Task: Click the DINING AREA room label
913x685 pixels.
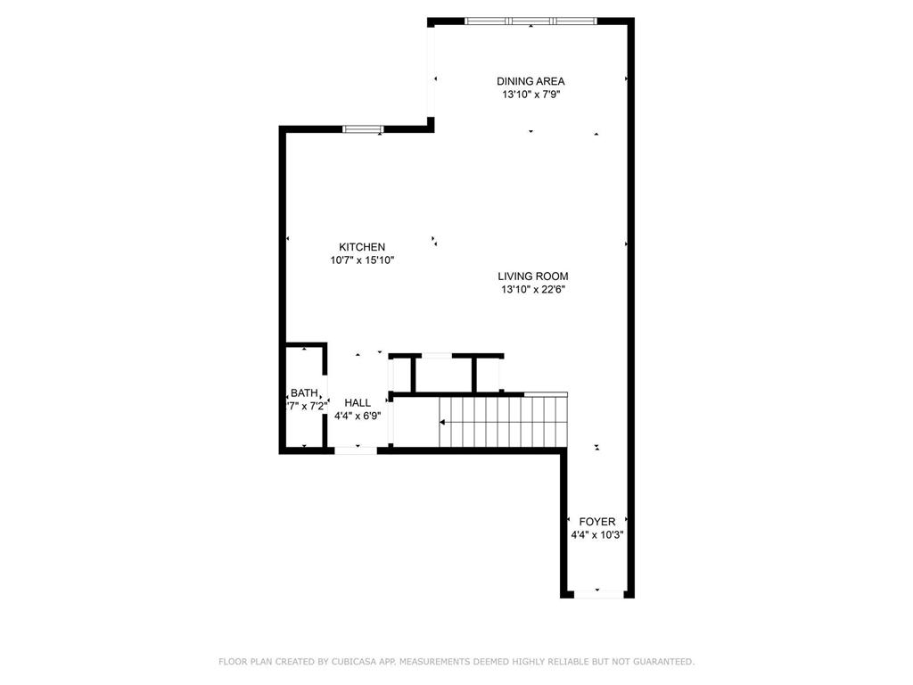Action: click(531, 81)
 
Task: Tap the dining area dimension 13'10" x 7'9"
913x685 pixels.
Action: click(531, 94)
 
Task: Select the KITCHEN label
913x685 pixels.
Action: click(362, 247)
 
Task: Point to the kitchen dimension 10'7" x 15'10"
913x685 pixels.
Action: click(362, 260)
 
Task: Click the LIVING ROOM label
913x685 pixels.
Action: click(533, 276)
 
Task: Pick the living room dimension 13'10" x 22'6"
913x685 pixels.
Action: click(533, 289)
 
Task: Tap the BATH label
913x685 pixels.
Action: click(304, 393)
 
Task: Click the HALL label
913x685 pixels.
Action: click(358, 403)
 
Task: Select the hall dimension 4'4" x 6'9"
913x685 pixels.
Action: click(358, 416)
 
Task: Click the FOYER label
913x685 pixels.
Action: click(597, 522)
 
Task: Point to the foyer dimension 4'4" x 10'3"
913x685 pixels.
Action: click(597, 535)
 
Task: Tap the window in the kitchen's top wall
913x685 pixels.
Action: click(364, 129)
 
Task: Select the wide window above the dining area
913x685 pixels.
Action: click(531, 21)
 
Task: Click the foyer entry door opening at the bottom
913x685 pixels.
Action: click(597, 593)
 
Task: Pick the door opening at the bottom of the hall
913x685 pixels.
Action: click(356, 450)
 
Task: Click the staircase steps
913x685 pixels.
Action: click(504, 422)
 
